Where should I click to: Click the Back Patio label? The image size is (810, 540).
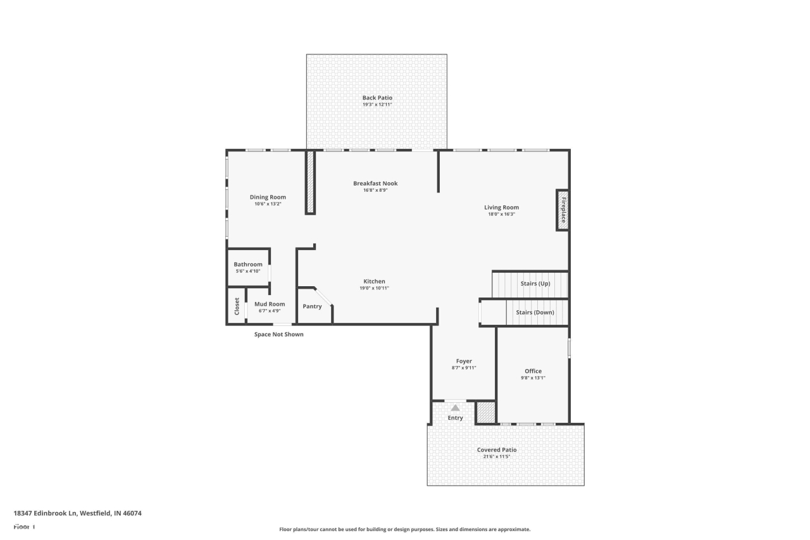377,97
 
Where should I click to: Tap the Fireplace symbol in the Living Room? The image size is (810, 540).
563,210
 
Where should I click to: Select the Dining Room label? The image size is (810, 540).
268,197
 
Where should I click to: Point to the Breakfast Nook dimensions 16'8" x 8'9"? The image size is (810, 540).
375,191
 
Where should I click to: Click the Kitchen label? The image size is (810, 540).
374,281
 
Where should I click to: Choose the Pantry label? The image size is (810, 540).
312,306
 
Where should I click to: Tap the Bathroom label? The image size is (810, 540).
248,264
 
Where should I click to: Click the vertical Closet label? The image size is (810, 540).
237,306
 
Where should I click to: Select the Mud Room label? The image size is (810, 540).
270,304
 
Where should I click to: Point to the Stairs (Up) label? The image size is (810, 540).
535,284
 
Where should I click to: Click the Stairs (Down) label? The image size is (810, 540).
535,312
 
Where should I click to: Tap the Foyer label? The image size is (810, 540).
464,361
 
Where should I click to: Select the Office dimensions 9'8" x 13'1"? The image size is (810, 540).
533,378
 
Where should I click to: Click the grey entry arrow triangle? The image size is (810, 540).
455,408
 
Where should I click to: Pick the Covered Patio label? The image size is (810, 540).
497,449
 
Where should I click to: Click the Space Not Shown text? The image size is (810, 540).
278,334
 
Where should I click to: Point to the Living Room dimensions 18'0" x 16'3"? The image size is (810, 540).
501,214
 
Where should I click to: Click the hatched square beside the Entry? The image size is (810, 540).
485,412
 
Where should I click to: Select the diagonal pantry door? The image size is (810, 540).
323,297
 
